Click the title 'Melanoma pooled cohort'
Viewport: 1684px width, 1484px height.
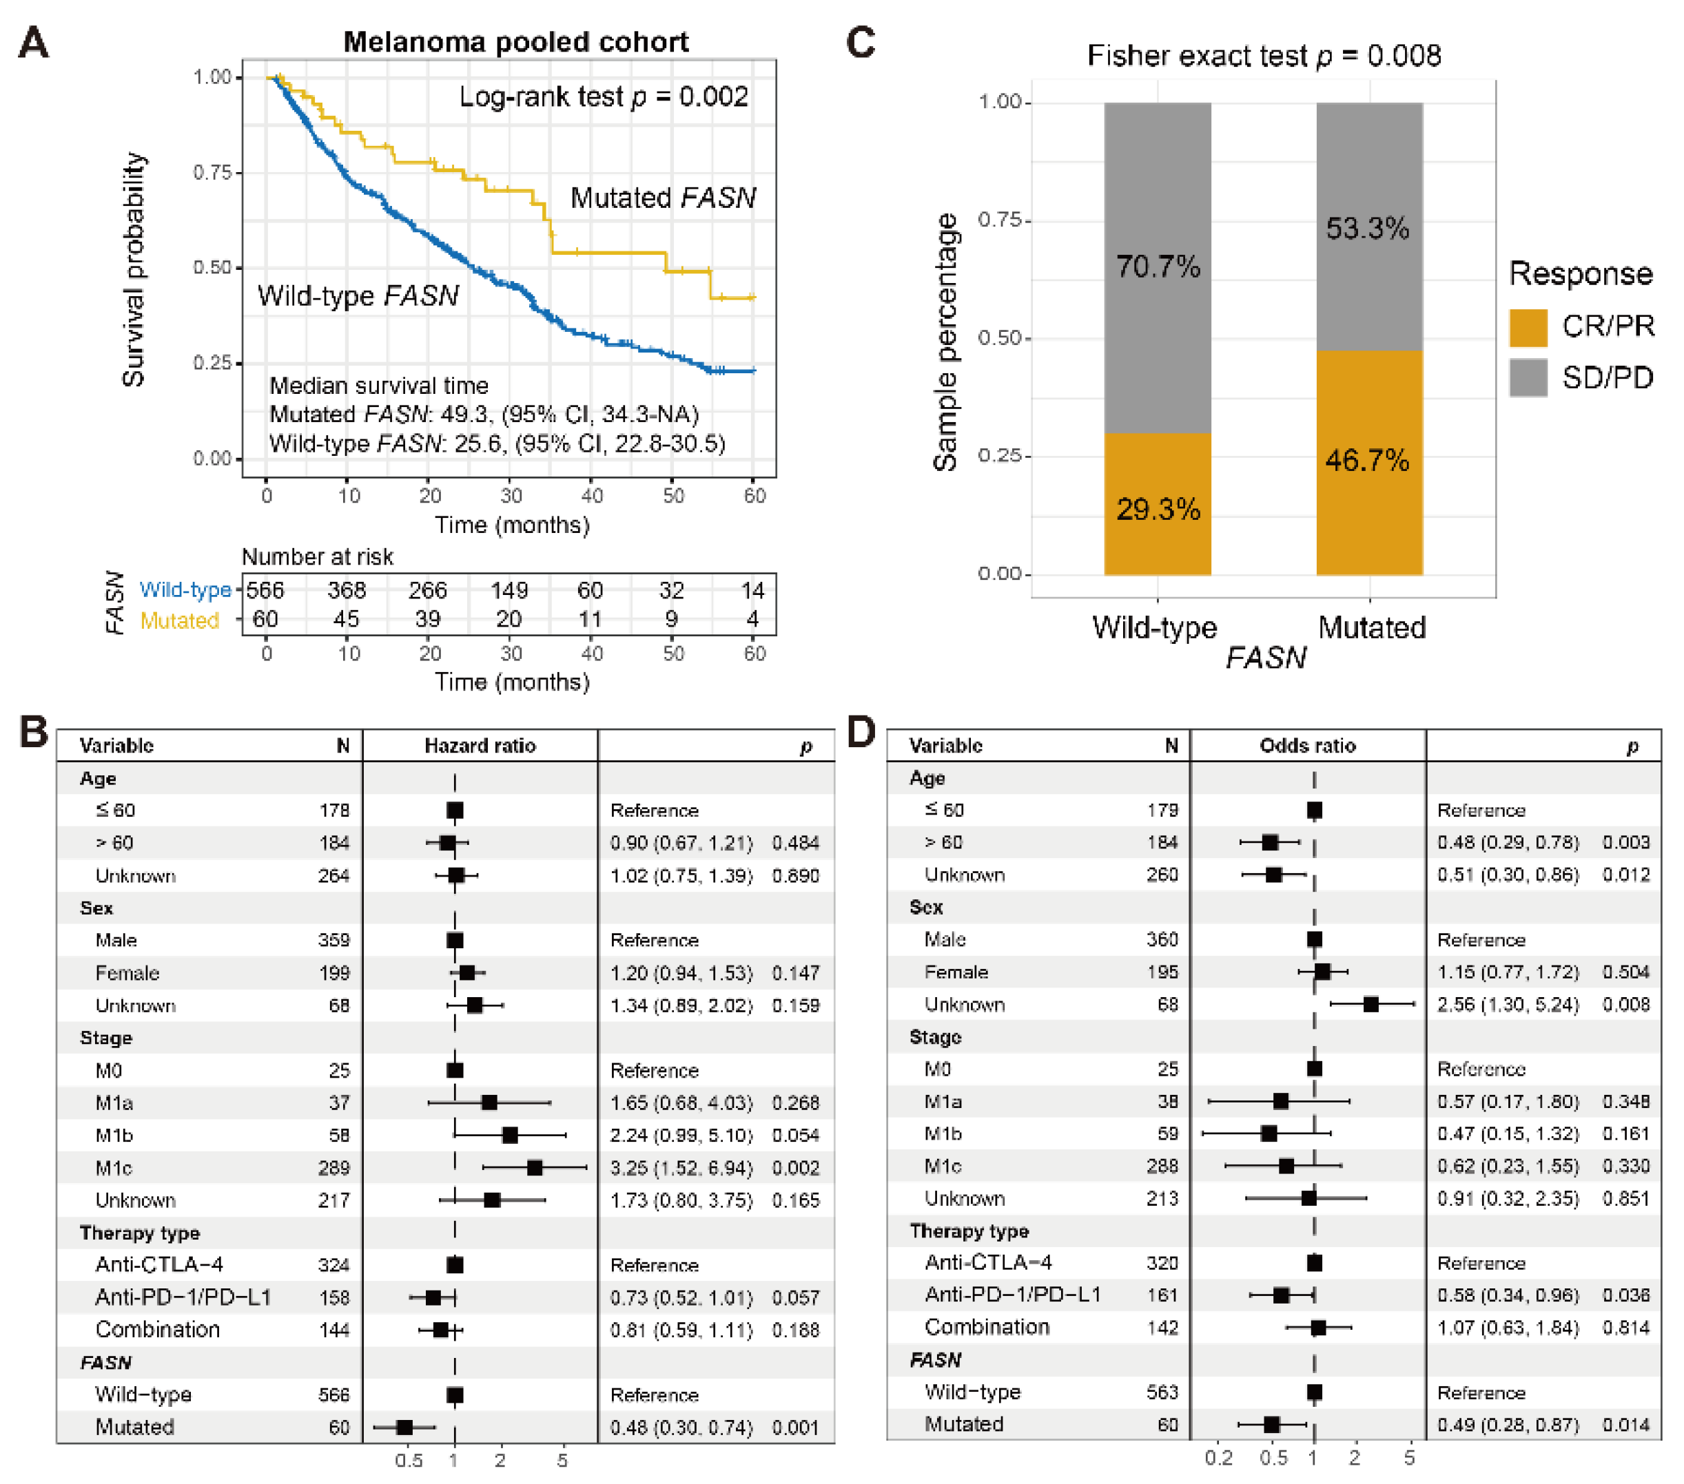click(x=516, y=41)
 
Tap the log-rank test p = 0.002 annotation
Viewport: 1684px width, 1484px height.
click(x=603, y=96)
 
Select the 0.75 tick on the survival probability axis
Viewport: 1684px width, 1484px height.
click(x=212, y=172)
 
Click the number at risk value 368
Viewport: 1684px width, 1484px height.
click(x=346, y=590)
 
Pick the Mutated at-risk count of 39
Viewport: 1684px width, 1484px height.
click(x=428, y=619)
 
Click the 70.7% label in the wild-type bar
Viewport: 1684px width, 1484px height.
click(x=1158, y=266)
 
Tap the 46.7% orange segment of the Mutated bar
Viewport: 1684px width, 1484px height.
click(x=1368, y=461)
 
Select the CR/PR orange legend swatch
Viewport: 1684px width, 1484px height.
click(x=1528, y=327)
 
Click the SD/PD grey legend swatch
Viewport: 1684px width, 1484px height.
click(x=1528, y=378)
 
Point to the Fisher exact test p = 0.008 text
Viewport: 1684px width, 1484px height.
click(x=1264, y=55)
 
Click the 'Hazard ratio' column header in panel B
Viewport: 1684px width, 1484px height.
click(x=480, y=745)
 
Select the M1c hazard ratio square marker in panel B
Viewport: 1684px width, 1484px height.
click(x=535, y=1168)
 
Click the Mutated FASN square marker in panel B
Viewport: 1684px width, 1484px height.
click(x=404, y=1427)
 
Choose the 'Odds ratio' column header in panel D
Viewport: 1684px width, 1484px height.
click(x=1308, y=745)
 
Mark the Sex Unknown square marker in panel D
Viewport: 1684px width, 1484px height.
click(x=1371, y=1004)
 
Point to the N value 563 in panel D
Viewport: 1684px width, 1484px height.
click(x=1162, y=1392)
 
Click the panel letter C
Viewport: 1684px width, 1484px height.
click(x=861, y=43)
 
